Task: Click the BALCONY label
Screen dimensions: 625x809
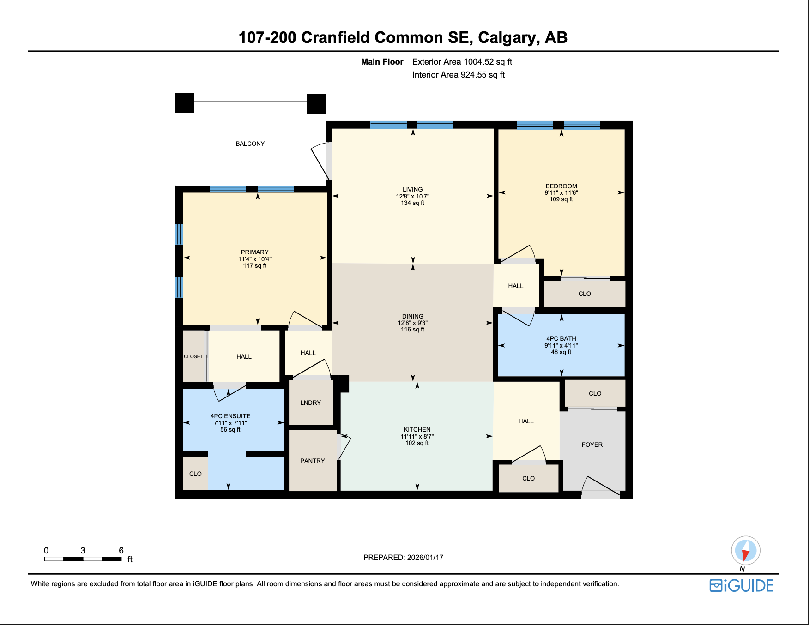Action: pyautogui.click(x=250, y=144)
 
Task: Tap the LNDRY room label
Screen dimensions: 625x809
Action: pyautogui.click(x=310, y=403)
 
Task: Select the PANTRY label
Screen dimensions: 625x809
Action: pyautogui.click(x=312, y=461)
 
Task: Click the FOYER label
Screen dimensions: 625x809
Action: pyautogui.click(x=592, y=445)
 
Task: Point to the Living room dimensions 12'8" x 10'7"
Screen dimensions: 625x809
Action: pyautogui.click(x=412, y=196)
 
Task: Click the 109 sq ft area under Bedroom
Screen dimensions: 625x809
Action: pyautogui.click(x=561, y=199)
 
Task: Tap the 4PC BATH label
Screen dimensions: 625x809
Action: pyautogui.click(x=561, y=338)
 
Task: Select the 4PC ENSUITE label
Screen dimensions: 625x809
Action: pyautogui.click(x=230, y=416)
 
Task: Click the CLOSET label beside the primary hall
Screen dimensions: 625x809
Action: pyautogui.click(x=193, y=356)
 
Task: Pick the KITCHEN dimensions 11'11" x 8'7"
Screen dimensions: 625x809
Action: pyautogui.click(x=417, y=436)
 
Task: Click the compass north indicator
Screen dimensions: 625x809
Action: pyautogui.click(x=745, y=551)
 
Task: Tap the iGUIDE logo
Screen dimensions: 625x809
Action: pyautogui.click(x=742, y=585)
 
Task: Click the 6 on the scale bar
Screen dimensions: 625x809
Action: pyautogui.click(x=121, y=550)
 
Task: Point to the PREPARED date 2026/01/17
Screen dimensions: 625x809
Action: pyautogui.click(x=425, y=557)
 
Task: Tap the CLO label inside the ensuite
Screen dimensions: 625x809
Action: pyautogui.click(x=195, y=474)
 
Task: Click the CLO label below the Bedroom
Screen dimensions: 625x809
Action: pyautogui.click(x=585, y=294)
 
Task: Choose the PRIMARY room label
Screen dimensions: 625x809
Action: pyautogui.click(x=254, y=252)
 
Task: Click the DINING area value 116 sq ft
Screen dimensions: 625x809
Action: pyautogui.click(x=412, y=330)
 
